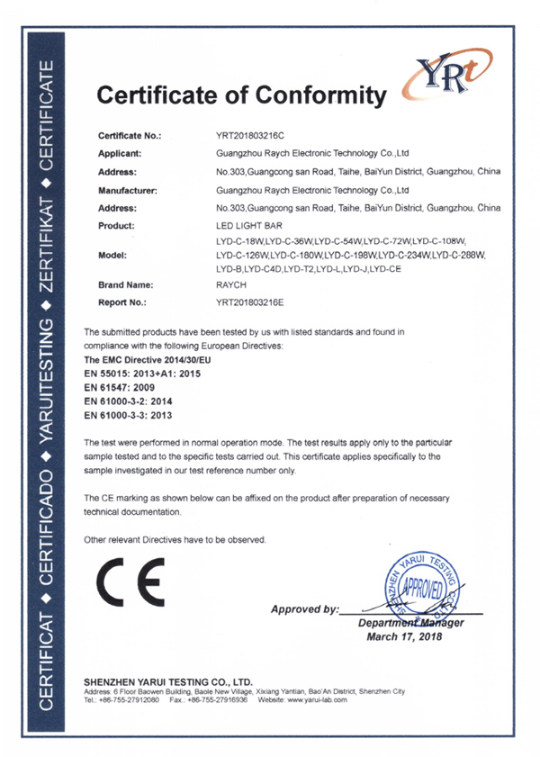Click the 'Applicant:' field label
point(123,154)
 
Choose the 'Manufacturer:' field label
point(129,190)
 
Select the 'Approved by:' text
point(305,609)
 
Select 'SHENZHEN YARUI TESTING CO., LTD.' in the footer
point(166,681)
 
